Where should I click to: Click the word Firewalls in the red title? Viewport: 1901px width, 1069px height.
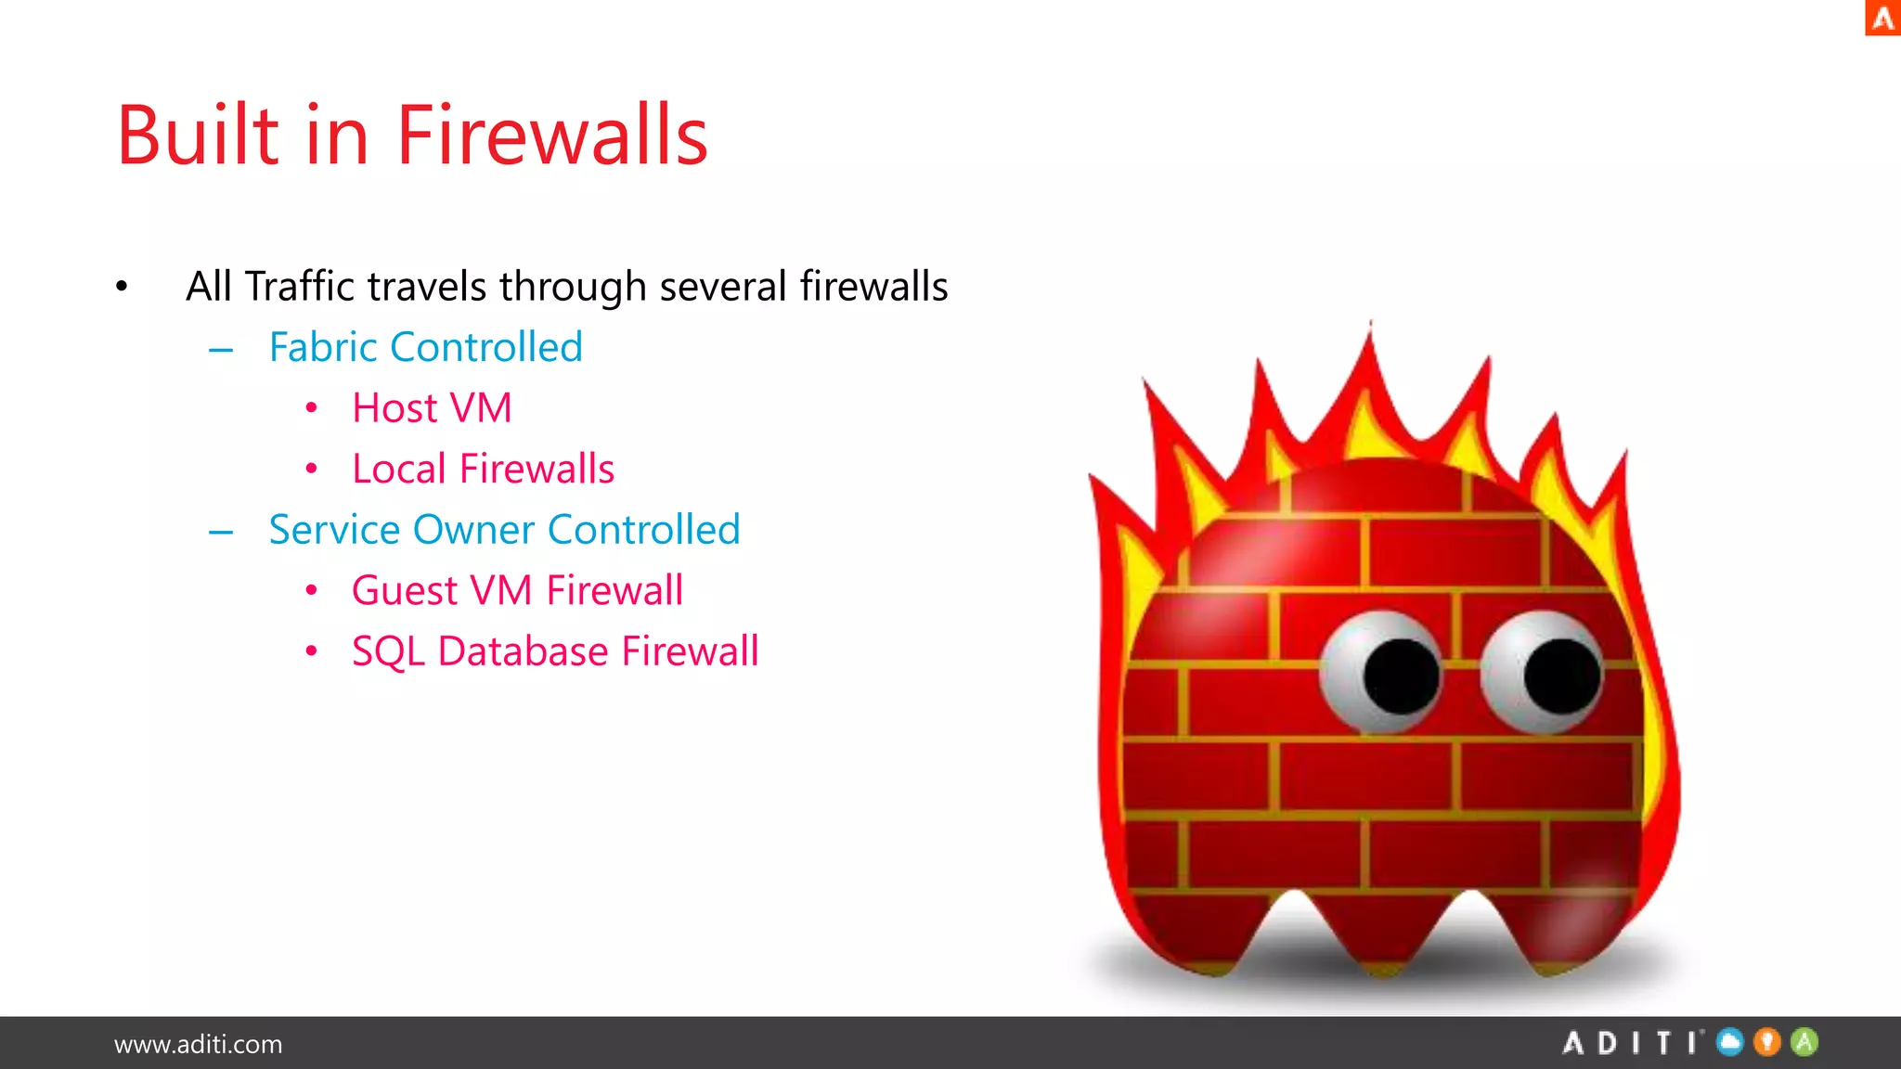pyautogui.click(x=551, y=135)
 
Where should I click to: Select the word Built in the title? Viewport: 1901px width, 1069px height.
pyautogui.click(x=198, y=135)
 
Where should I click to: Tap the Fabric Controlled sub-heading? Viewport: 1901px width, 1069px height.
pyautogui.click(x=425, y=348)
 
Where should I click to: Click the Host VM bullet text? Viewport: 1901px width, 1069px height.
pyautogui.click(x=432, y=408)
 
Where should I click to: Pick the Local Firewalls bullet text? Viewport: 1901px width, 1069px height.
pyautogui.click(x=483, y=469)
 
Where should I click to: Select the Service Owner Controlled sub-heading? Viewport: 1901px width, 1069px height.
pyautogui.click(x=504, y=530)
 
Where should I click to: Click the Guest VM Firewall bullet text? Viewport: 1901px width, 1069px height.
pyautogui.click(x=517, y=591)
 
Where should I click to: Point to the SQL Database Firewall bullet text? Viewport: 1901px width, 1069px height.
pyautogui.click(x=555, y=651)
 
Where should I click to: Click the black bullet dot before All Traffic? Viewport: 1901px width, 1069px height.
pyautogui.click(x=122, y=287)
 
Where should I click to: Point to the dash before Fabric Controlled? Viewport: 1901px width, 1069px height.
pyautogui.click(x=221, y=351)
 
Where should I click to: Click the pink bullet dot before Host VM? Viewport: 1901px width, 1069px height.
pyautogui.click(x=312, y=408)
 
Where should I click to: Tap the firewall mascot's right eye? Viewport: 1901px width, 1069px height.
pyautogui.click(x=1543, y=670)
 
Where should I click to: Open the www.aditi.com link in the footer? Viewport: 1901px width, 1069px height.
pyautogui.click(x=198, y=1044)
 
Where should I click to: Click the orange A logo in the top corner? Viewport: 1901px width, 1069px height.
pyautogui.click(x=1882, y=18)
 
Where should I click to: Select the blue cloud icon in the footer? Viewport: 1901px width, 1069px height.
pyautogui.click(x=1730, y=1042)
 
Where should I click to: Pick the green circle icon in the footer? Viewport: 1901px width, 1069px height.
pyautogui.click(x=1804, y=1042)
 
